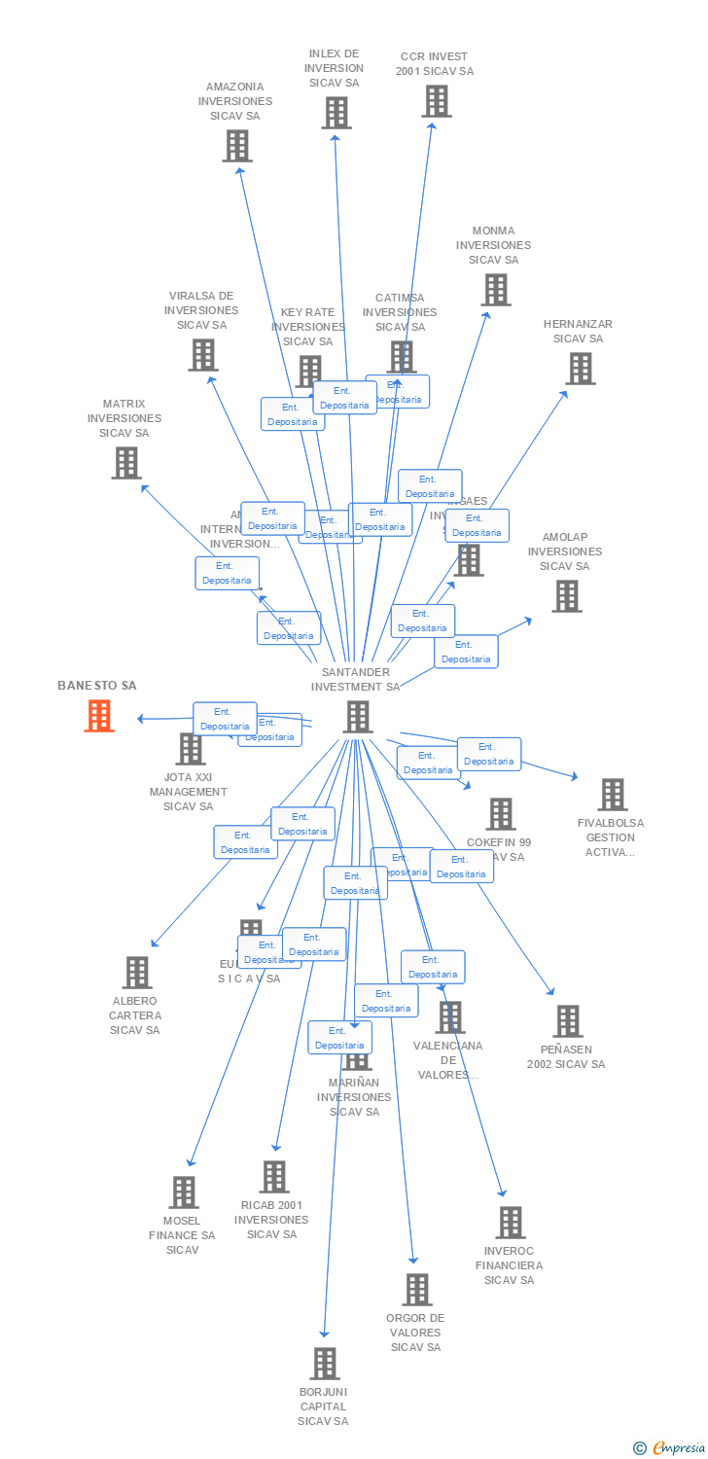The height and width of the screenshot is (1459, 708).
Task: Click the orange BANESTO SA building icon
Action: tap(99, 716)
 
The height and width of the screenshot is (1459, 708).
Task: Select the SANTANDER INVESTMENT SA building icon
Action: tap(358, 717)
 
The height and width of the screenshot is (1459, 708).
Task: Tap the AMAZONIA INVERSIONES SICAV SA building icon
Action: tap(236, 146)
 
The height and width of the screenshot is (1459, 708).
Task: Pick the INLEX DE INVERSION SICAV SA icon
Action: tap(336, 113)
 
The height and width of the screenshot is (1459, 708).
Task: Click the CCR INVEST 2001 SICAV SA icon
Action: tap(436, 100)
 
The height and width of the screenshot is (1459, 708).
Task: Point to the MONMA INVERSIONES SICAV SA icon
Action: tap(495, 289)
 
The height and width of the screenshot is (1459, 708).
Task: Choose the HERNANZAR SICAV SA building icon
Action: tap(581, 368)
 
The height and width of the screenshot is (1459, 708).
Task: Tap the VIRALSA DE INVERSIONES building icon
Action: tap(202, 354)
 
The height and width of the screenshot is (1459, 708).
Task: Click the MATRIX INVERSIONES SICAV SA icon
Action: tap(126, 462)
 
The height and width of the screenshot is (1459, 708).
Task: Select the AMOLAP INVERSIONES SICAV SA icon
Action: tap(566, 595)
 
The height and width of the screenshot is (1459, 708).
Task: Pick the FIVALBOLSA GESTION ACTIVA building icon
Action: tap(612, 794)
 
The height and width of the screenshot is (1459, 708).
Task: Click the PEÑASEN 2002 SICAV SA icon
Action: tap(567, 1020)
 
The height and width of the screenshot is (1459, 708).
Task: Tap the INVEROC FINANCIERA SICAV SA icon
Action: tap(510, 1222)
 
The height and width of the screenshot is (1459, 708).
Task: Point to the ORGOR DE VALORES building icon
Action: tap(416, 1289)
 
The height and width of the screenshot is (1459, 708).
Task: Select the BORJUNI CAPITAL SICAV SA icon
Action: tap(325, 1363)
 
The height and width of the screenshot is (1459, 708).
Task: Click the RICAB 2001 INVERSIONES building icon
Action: tap(274, 1176)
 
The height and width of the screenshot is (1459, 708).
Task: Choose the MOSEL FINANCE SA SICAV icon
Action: tap(184, 1192)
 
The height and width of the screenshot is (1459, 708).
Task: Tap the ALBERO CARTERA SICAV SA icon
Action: tap(137, 972)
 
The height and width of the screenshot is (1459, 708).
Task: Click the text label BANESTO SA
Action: tap(97, 686)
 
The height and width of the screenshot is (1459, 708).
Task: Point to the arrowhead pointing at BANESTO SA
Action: tap(141, 719)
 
